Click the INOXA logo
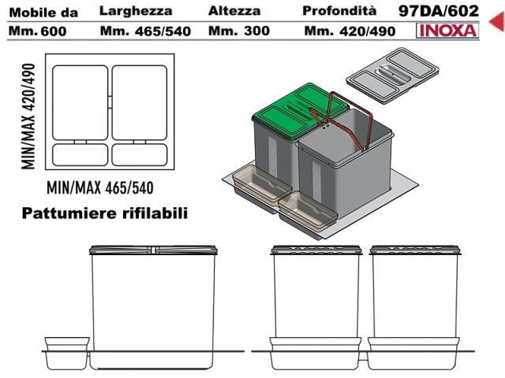(447, 31)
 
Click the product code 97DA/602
(439, 11)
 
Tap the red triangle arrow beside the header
(497, 21)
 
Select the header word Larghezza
(136, 11)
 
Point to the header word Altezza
(234, 11)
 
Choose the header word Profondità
(339, 11)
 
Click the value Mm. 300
(239, 31)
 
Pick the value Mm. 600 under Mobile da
(38, 31)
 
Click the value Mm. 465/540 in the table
(145, 31)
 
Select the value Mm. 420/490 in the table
(350, 31)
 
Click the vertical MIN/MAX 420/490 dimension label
(28, 117)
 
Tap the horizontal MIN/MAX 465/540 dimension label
(100, 187)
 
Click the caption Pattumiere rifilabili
(105, 213)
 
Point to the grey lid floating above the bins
(392, 76)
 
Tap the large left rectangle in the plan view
(80, 103)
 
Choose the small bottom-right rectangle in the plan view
(140, 155)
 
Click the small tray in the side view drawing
(66, 353)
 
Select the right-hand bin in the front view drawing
(415, 307)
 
